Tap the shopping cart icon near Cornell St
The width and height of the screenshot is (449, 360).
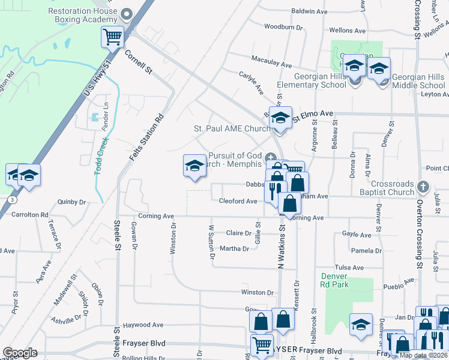point(112,37)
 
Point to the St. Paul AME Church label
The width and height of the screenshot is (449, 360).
point(231,128)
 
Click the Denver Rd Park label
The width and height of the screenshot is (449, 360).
point(334,280)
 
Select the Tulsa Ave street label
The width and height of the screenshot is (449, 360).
point(349,268)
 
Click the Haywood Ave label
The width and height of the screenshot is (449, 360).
point(143,325)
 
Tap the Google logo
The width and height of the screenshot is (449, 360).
point(20,353)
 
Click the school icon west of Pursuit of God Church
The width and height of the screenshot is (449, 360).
point(194,166)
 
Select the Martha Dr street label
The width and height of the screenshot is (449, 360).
point(235,248)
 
